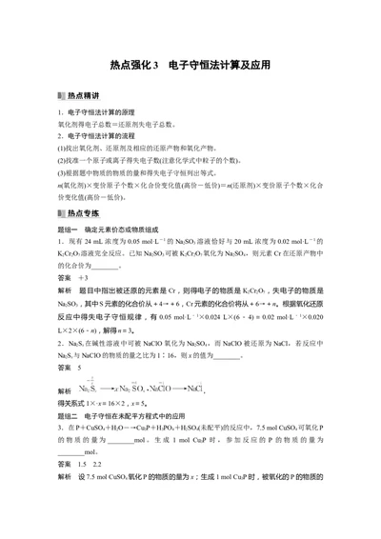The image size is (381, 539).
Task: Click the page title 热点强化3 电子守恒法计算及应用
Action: click(190, 66)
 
